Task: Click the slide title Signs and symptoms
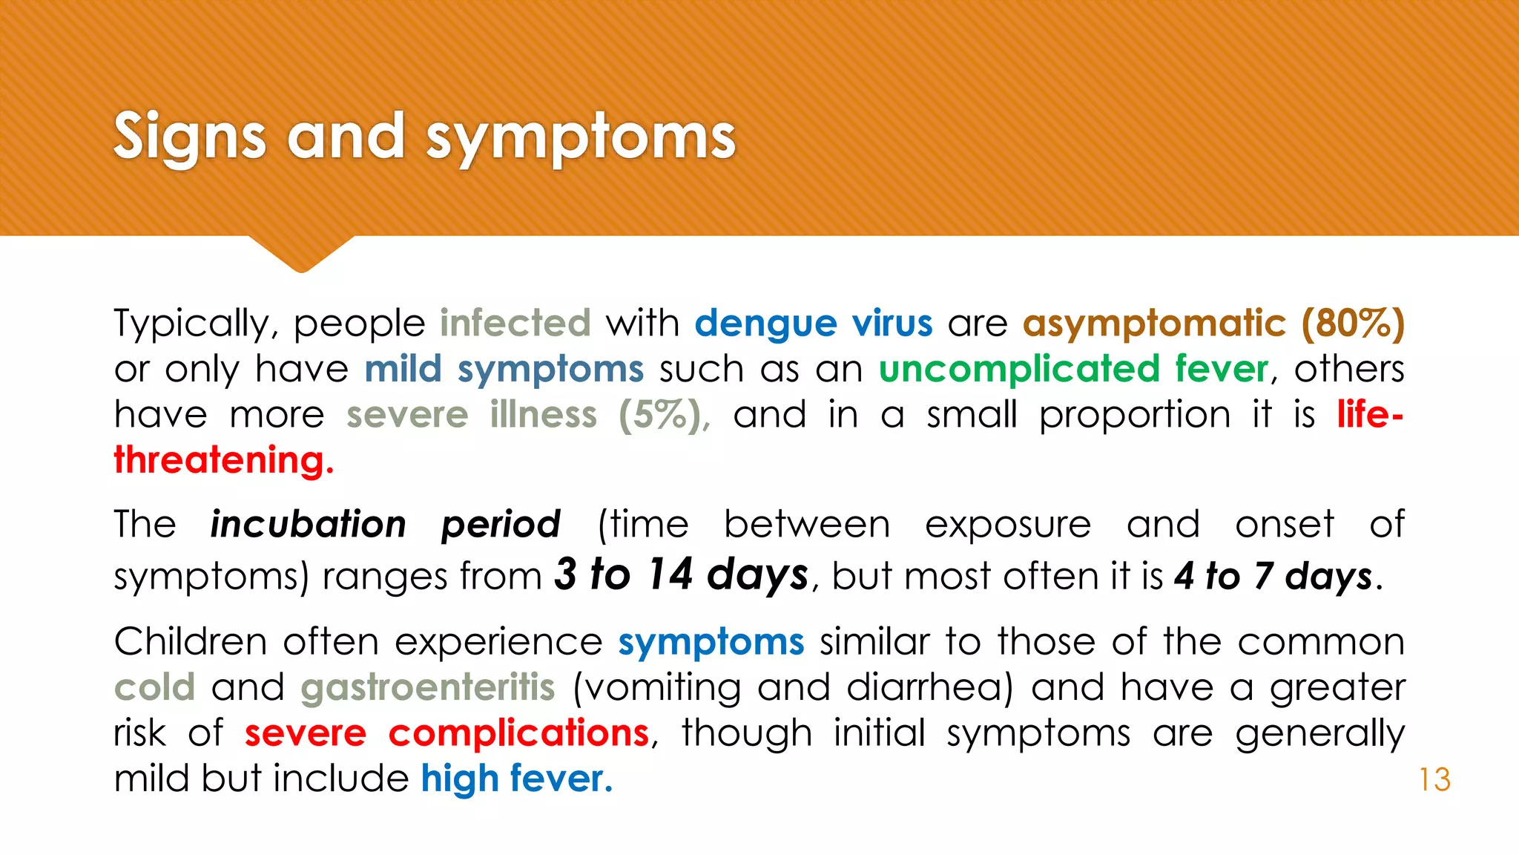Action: [424, 137]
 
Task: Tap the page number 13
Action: [1434, 780]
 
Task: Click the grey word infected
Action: [515, 324]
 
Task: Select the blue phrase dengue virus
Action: [814, 324]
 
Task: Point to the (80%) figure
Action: [1353, 324]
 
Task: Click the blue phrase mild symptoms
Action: [504, 370]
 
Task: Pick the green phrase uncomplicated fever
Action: [1074, 370]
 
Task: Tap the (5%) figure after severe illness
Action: [664, 415]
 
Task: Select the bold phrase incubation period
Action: [386, 525]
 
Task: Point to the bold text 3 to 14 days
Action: [682, 575]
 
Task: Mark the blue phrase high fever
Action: [517, 779]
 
